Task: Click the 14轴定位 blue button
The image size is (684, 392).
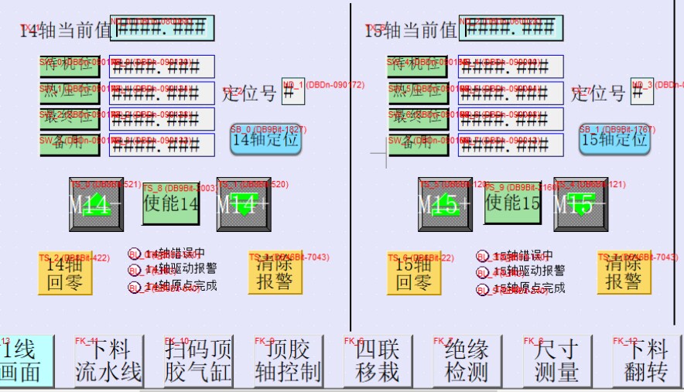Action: point(265,140)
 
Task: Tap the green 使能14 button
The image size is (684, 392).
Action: point(170,203)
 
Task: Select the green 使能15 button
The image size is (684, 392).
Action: point(512,203)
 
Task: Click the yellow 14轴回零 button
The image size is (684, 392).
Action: point(65,274)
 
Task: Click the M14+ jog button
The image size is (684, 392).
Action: point(244,205)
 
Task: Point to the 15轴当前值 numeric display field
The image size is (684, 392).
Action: point(511,29)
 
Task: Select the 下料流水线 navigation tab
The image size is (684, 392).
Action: point(108,361)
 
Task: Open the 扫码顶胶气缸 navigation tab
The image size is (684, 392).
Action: point(198,361)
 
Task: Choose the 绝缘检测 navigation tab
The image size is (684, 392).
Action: point(467,361)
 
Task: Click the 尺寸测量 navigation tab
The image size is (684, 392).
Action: point(556,361)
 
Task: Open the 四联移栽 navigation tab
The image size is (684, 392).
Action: point(377,361)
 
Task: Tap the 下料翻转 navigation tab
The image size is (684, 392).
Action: point(645,361)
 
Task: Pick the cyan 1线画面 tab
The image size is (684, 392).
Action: point(27,361)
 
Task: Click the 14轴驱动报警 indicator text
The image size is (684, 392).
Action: point(181,270)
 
